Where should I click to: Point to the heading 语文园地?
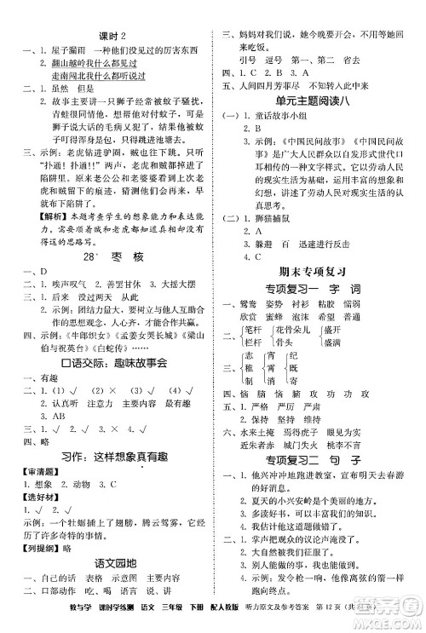click(x=112, y=564)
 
